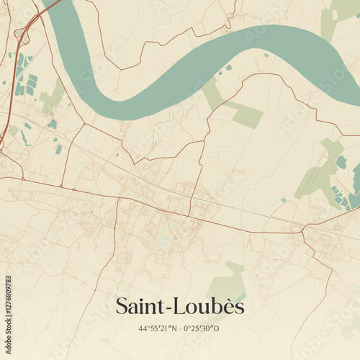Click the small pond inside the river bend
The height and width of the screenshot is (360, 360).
pyautogui.click(x=228, y=68)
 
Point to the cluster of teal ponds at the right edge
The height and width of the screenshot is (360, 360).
pyautogui.click(x=338, y=194)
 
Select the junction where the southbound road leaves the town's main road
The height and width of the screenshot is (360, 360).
pyautogui.click(x=117, y=197)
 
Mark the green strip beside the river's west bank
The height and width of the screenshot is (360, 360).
pyautogui.click(x=52, y=97)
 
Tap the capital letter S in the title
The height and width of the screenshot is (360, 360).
pyautogui.click(x=122, y=307)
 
